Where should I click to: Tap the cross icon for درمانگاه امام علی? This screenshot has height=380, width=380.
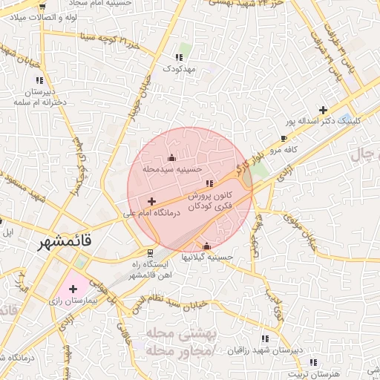click(151, 201)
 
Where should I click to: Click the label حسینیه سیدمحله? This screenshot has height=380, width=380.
click(172, 169)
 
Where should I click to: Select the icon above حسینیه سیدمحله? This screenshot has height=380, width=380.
click(172, 157)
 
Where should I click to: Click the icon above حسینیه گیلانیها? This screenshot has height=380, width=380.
click(206, 246)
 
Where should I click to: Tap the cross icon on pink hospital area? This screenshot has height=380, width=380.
click(73, 288)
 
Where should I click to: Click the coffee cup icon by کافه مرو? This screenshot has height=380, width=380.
click(284, 138)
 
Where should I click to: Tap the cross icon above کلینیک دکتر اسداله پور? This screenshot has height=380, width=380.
click(323, 109)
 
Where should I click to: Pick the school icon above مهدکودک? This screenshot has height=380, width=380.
click(178, 56)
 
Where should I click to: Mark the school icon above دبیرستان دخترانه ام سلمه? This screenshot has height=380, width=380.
click(38, 80)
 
